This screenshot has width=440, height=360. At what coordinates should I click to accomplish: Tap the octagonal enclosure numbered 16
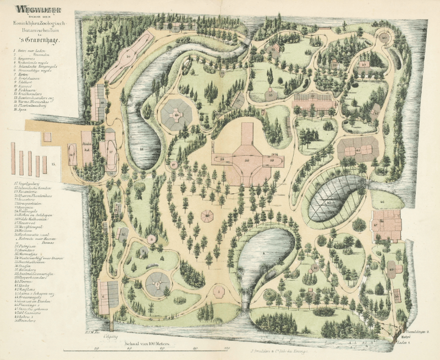(177, 115)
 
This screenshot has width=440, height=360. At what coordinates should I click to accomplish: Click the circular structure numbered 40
(383, 37)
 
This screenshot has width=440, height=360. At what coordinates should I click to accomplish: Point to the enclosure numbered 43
(358, 149)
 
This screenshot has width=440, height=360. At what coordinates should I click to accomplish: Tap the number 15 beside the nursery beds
(53, 164)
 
